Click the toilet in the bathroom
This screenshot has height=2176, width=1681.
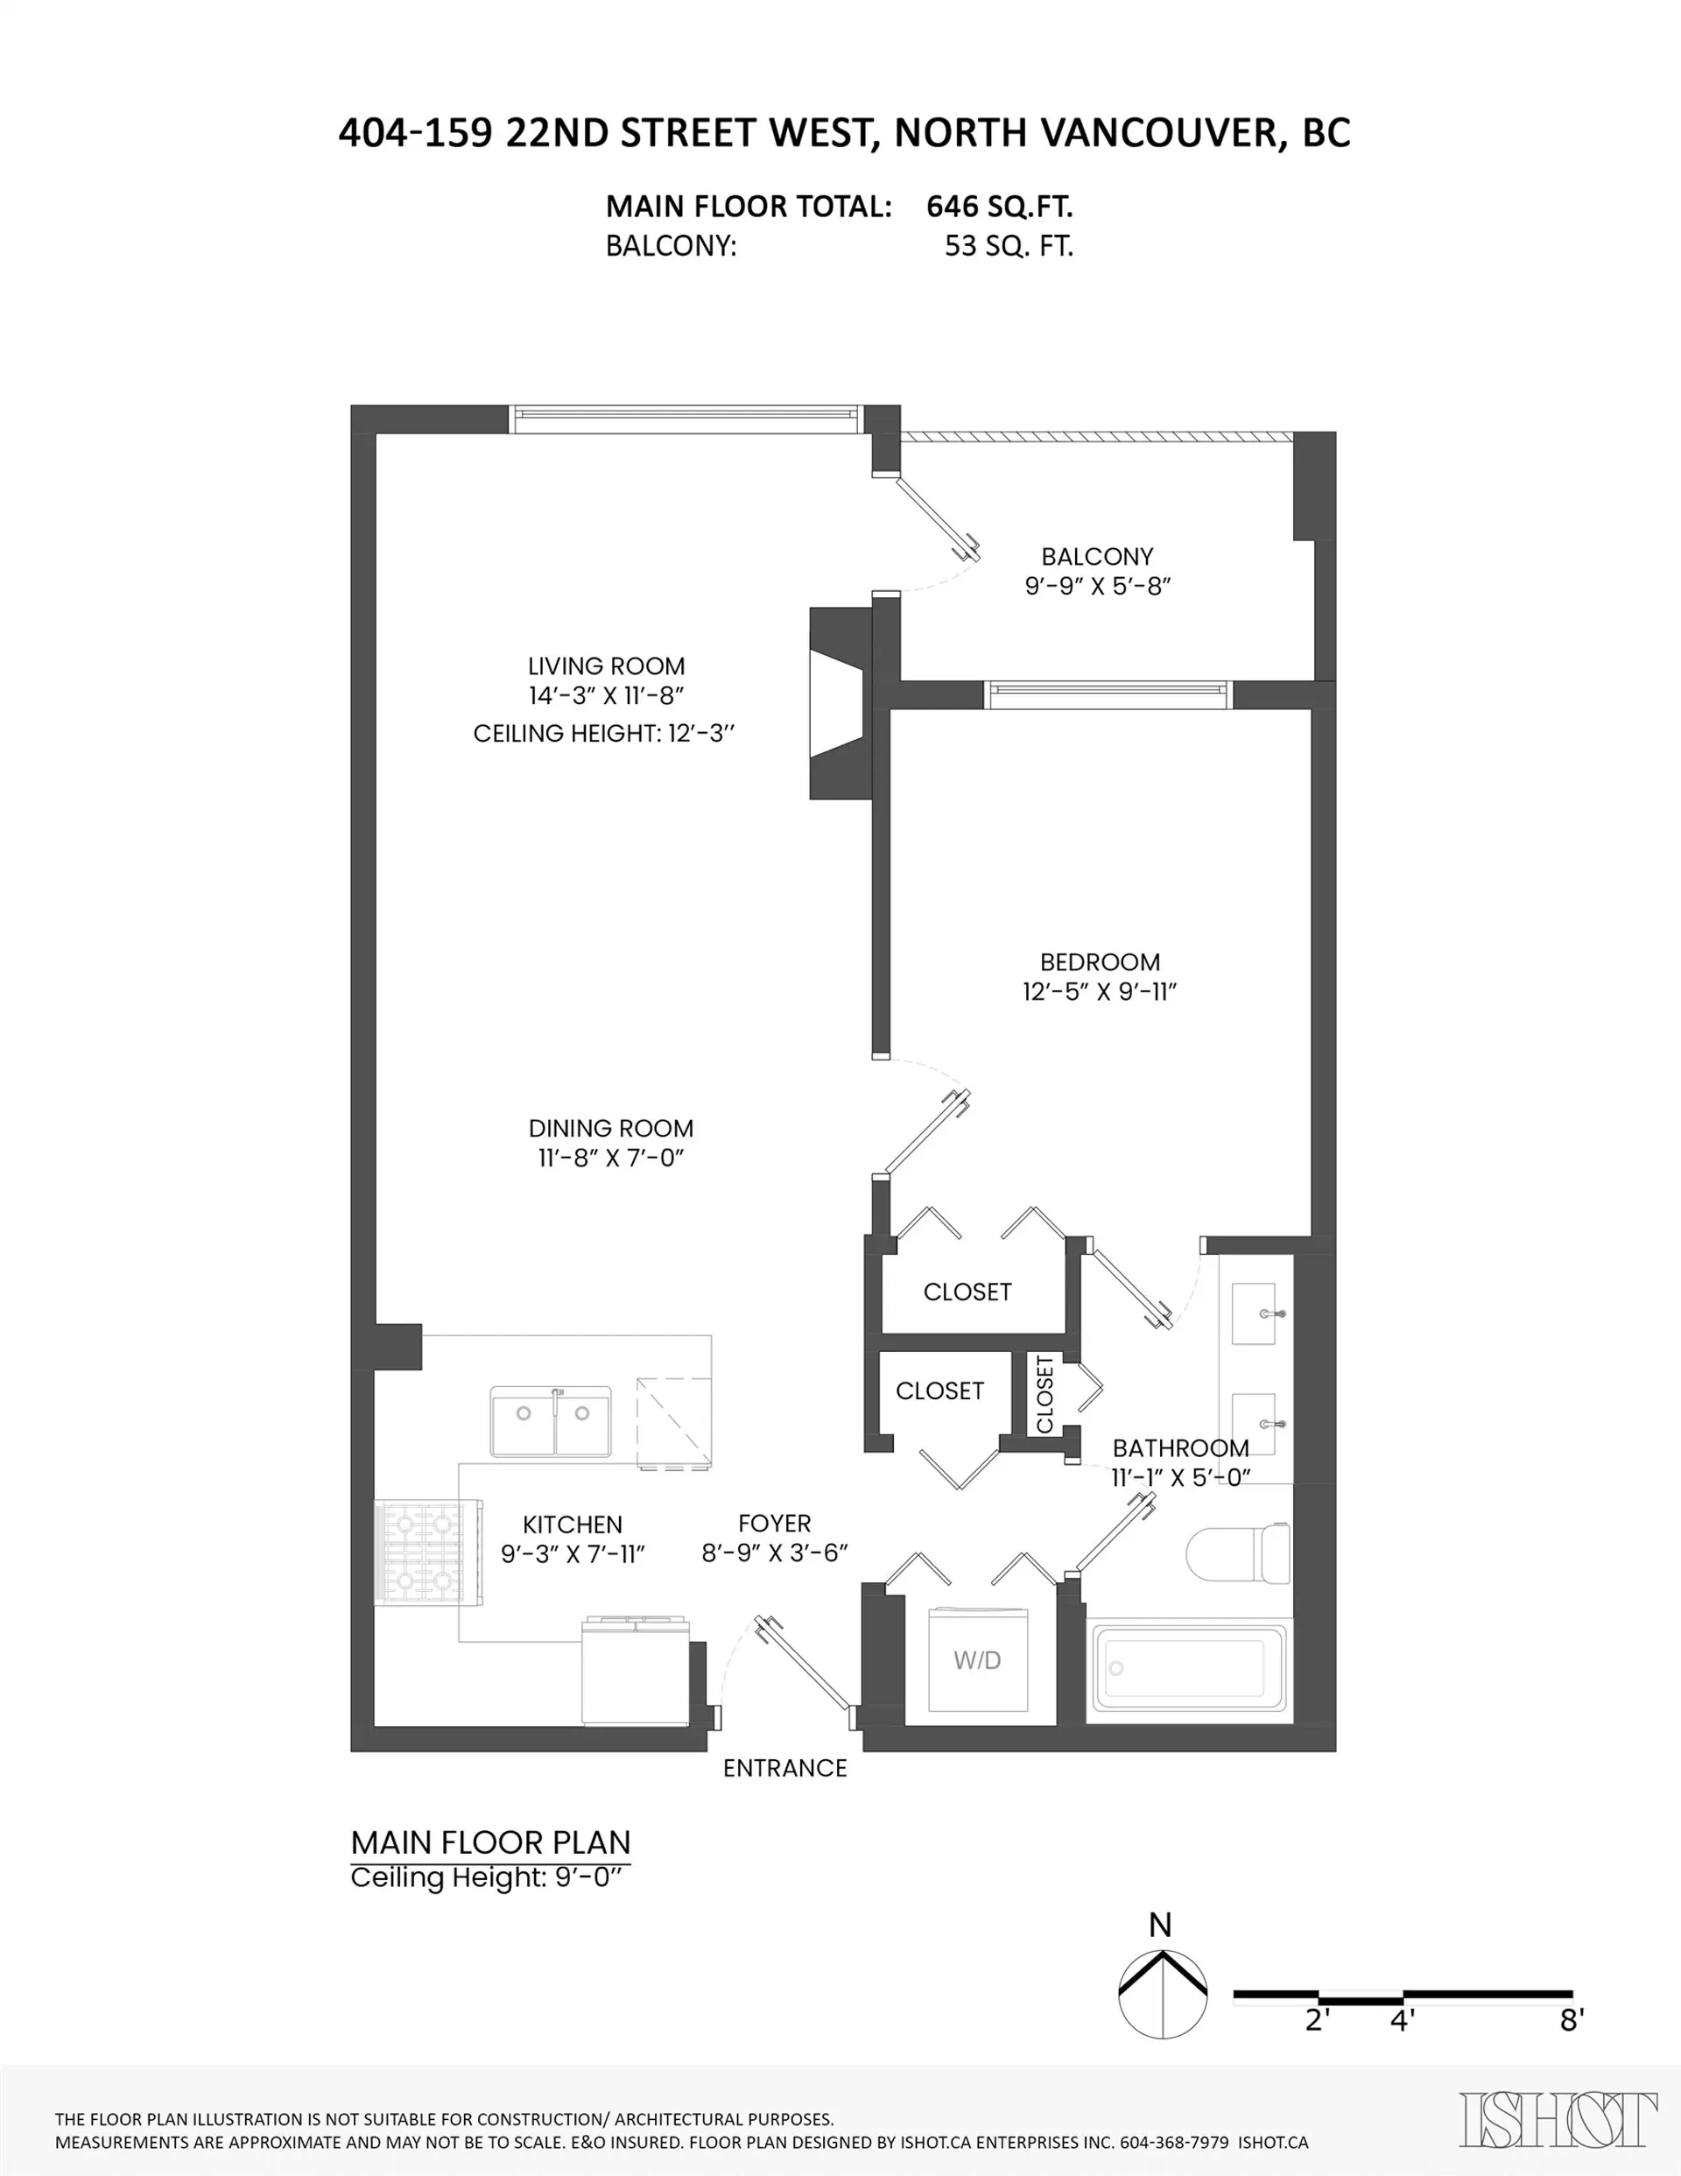pos(1239,1553)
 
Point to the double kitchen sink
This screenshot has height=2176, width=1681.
pos(551,1419)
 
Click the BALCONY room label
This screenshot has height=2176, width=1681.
pos(1097,557)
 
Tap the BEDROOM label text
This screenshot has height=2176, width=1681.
pos(1100,962)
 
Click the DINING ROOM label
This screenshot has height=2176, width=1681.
pos(611,1129)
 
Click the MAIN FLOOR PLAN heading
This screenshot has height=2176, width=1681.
pos(491,1842)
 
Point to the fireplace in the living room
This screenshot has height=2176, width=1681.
pos(839,703)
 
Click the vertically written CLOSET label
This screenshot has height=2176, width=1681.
pos(1044,1394)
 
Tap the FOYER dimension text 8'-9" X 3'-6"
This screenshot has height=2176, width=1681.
pos(774,1553)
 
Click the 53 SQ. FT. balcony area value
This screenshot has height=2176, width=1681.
pos(1009,246)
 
